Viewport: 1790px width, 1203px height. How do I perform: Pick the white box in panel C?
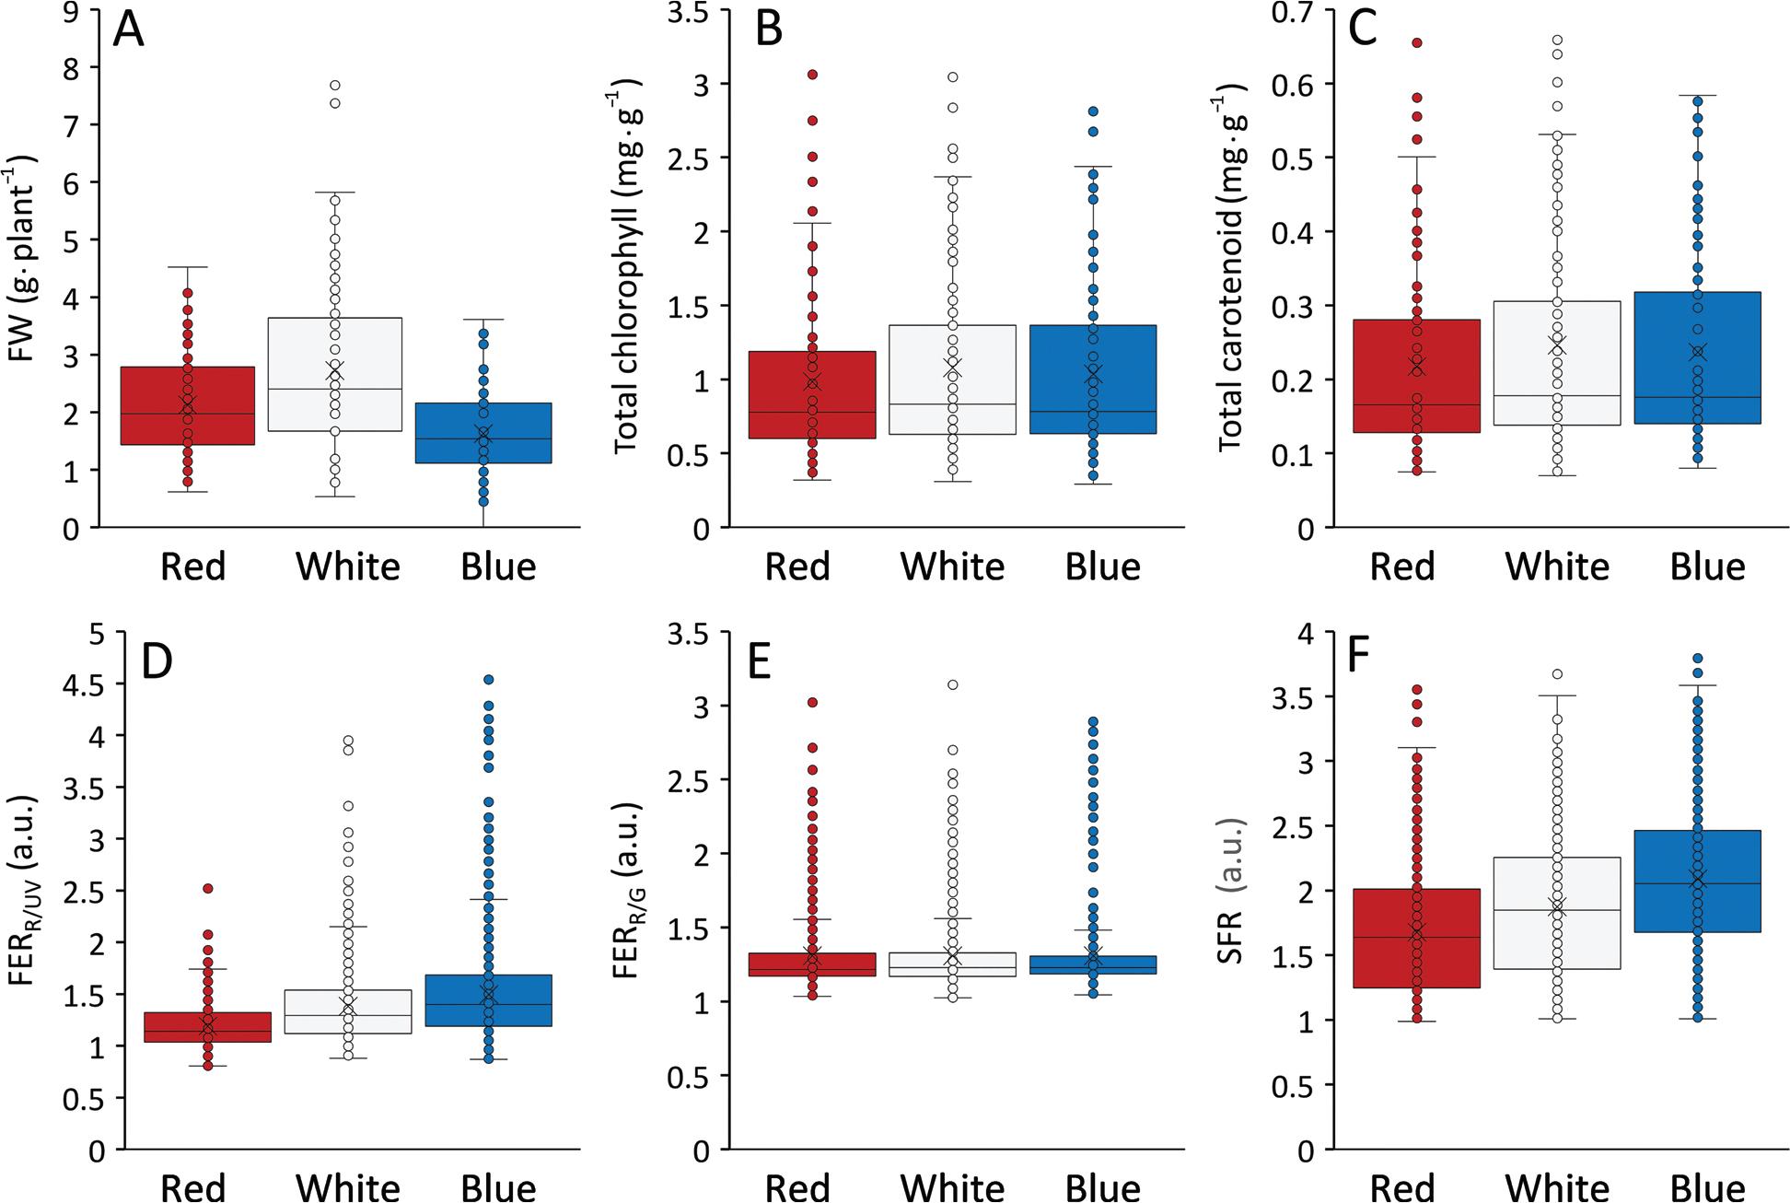pos(1557,363)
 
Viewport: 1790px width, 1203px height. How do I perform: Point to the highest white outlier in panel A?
pos(335,85)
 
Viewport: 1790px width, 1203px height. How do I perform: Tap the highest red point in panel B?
pos(812,75)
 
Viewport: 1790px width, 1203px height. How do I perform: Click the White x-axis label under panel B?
pos(952,566)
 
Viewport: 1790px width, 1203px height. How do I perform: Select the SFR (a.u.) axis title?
pos(1230,890)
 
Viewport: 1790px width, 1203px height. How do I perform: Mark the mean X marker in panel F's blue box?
pos(1699,880)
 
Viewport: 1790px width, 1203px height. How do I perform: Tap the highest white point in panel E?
pos(953,684)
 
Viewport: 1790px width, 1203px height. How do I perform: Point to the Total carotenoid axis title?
pos(1232,266)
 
